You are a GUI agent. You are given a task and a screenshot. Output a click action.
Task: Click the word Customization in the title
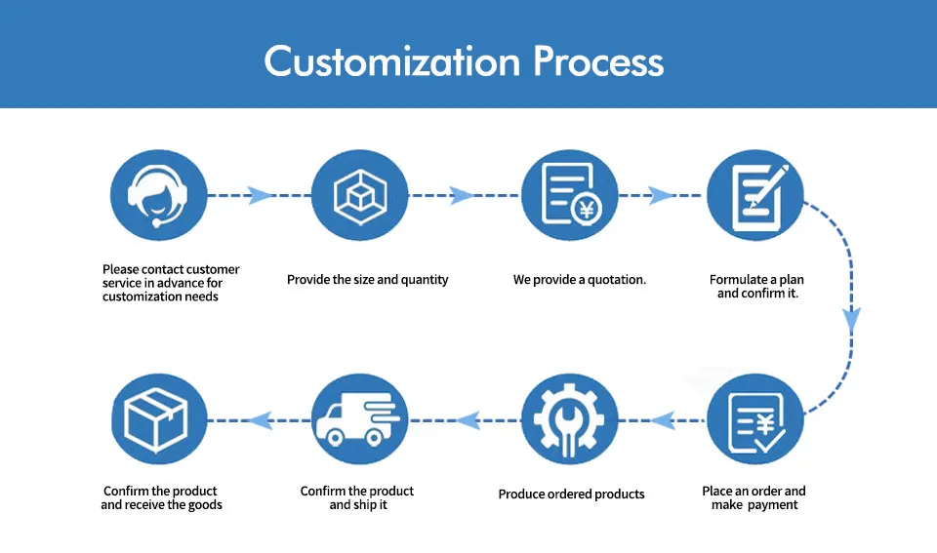(392, 61)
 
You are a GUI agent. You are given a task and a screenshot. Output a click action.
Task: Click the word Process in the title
(598, 61)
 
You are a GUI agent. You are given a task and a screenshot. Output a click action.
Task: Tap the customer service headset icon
(158, 195)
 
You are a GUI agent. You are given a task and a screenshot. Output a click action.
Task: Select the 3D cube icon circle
(360, 195)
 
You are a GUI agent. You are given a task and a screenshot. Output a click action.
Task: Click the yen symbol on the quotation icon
(587, 209)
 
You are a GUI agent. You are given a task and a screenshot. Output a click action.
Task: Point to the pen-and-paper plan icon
(755, 195)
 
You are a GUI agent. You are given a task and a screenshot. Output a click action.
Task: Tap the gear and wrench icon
(569, 419)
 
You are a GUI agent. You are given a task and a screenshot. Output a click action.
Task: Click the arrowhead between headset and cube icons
(260, 195)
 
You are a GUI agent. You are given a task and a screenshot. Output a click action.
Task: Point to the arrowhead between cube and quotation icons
(462, 195)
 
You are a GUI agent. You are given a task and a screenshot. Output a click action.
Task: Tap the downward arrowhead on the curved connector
(851, 320)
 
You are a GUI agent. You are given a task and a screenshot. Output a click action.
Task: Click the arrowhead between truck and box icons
(261, 420)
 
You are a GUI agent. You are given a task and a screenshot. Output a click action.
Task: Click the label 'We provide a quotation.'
(580, 280)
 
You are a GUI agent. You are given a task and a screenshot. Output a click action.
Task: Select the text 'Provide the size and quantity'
(368, 280)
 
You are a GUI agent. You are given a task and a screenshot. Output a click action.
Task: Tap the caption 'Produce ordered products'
(571, 494)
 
